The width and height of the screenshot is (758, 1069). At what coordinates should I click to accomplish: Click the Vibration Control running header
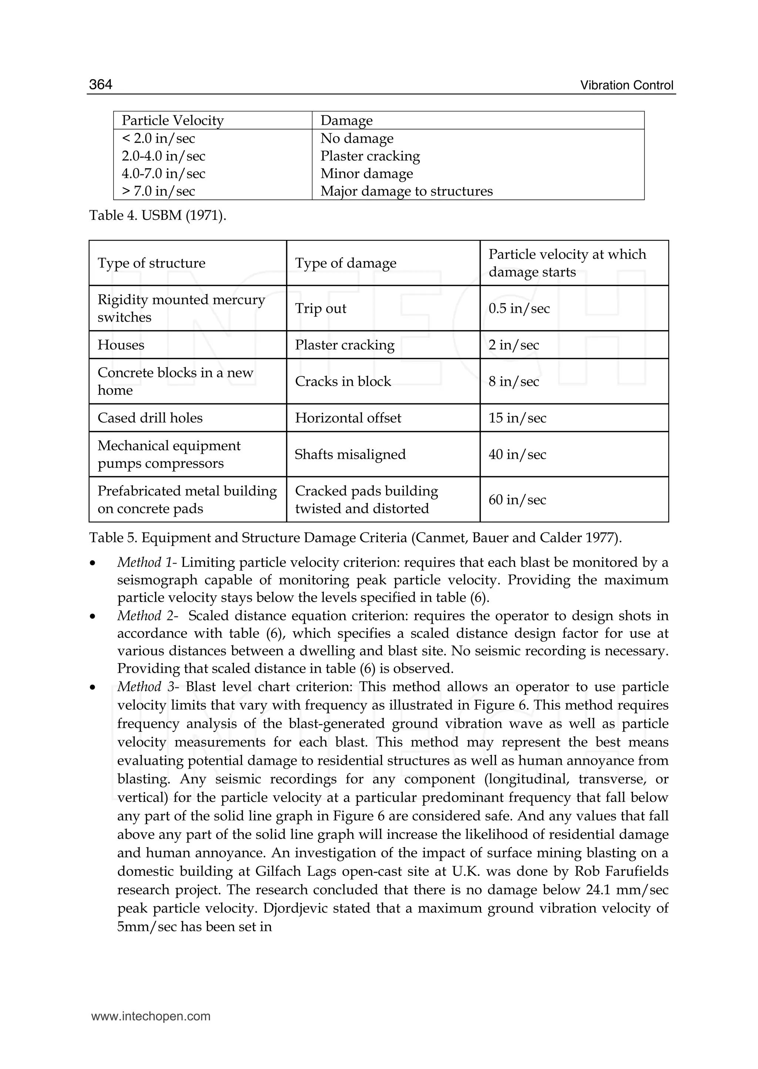tap(626, 85)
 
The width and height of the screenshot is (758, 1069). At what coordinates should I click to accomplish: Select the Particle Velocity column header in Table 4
tap(173, 120)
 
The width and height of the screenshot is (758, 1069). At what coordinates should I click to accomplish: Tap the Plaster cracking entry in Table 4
tap(370, 156)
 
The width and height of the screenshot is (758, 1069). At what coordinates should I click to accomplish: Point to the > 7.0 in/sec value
tap(158, 191)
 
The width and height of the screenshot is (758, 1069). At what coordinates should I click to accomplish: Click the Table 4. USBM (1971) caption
tap(157, 216)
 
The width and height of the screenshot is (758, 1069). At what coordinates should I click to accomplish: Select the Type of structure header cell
tap(151, 263)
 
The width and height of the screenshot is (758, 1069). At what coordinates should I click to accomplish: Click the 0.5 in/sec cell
tap(519, 309)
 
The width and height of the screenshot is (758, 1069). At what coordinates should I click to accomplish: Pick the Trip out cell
tap(321, 309)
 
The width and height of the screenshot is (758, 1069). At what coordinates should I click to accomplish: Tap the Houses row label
tap(121, 345)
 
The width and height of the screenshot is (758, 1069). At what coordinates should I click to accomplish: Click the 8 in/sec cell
tap(513, 381)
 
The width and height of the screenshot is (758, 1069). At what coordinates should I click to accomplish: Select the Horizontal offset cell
tap(348, 418)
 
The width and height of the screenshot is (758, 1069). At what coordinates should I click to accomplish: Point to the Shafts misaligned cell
tap(350, 454)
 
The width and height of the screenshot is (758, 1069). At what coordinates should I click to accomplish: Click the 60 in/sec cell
tap(517, 500)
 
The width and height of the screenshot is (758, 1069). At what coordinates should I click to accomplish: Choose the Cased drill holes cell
tap(150, 418)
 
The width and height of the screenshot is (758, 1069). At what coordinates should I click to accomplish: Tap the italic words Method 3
tap(145, 687)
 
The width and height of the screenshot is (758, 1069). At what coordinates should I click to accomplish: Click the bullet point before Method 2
tap(93, 617)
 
